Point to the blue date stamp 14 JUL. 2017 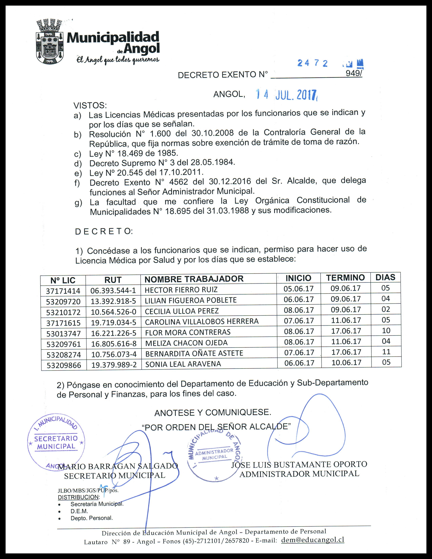coord(286,95)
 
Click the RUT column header coord(113,280)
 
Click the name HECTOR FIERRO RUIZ coord(181,290)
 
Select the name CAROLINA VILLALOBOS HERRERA coord(202,322)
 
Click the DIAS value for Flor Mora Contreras coord(386,331)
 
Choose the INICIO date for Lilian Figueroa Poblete coord(299,299)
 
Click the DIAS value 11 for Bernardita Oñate coord(386,352)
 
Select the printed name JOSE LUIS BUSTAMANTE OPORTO coord(299,464)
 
